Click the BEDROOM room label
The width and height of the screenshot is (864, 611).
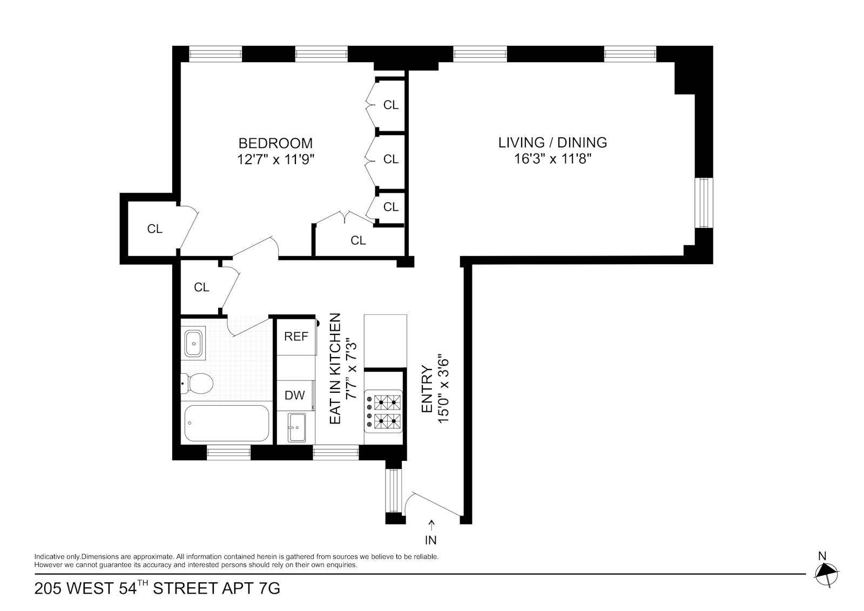point(275,143)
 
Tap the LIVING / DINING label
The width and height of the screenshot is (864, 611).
point(553,143)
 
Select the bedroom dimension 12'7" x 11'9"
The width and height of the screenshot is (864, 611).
point(276,159)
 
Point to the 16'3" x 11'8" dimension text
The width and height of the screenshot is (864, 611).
point(553,159)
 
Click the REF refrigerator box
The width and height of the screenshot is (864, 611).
point(296,337)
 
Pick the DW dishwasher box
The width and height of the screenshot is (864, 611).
point(295,395)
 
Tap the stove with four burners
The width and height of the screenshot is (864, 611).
point(383,412)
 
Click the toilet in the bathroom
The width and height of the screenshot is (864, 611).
point(197,384)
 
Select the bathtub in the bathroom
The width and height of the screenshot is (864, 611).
point(226,423)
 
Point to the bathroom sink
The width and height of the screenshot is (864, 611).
point(193,343)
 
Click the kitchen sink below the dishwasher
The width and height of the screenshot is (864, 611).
point(296,428)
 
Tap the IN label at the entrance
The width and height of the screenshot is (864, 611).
point(431,540)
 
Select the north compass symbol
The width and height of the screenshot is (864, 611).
point(826,573)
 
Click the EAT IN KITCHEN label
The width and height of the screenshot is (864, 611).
point(335,369)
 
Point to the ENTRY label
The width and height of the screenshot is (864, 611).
point(427,389)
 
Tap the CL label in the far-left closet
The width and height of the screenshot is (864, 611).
point(154,229)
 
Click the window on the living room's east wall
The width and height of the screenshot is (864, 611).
point(704,203)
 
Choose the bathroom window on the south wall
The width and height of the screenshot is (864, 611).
point(229,452)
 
